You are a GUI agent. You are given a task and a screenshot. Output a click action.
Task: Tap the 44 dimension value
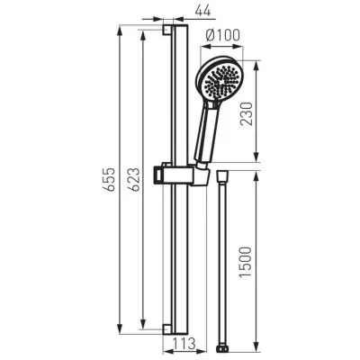[202, 12]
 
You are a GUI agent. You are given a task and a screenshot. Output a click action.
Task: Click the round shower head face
[220, 82]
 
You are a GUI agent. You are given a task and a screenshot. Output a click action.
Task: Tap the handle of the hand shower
[206, 135]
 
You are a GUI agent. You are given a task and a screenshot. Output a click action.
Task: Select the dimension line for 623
[142, 184]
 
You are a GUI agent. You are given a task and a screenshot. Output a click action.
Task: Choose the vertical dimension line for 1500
[259, 256]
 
